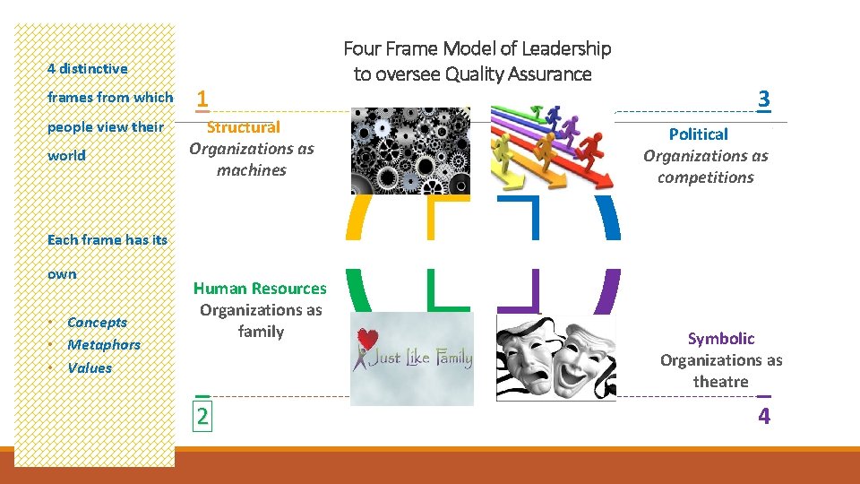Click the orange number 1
(x=203, y=98)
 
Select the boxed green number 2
(x=202, y=416)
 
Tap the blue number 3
(x=763, y=99)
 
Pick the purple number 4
(x=764, y=416)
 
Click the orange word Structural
(x=244, y=127)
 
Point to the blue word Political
(x=699, y=134)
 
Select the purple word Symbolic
(x=721, y=339)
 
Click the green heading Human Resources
(x=260, y=289)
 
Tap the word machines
(x=252, y=170)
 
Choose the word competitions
(x=706, y=177)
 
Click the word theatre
(x=720, y=382)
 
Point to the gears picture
(x=410, y=151)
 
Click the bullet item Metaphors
(x=104, y=345)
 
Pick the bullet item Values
(x=90, y=368)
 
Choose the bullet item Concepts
(x=97, y=323)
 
